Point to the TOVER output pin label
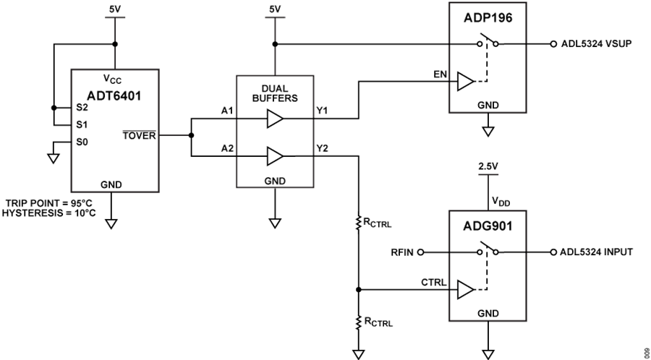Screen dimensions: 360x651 (140, 134)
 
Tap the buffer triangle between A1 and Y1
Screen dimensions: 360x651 (274, 118)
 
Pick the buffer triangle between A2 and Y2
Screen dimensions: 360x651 (274, 155)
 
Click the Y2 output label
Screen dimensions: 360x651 (323, 148)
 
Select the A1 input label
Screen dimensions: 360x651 (226, 111)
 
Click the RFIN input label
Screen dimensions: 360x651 (401, 252)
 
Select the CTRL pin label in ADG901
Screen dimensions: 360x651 (438, 281)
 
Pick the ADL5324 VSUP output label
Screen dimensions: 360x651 (597, 44)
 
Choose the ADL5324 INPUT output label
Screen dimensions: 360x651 (597, 252)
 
